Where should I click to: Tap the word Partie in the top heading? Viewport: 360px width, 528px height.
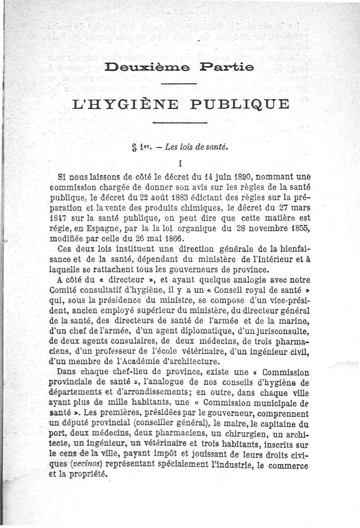pos(222,68)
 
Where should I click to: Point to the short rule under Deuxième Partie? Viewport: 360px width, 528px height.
pos(179,84)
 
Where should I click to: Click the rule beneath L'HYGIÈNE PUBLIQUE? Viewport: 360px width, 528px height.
pos(180,122)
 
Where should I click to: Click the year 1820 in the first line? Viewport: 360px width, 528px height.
pos(239,176)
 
